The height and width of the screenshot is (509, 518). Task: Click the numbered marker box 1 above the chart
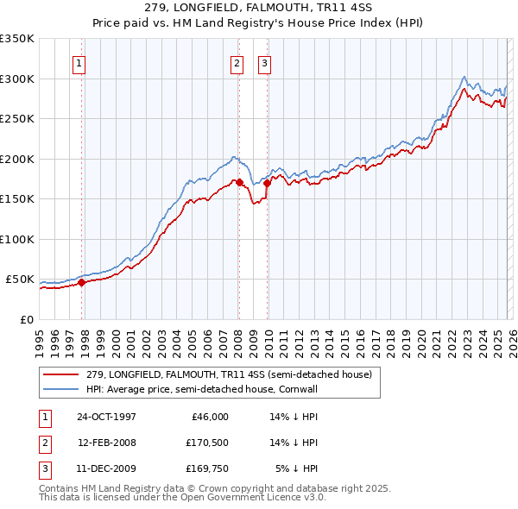coord(79,62)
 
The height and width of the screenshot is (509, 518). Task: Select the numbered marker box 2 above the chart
coord(237,62)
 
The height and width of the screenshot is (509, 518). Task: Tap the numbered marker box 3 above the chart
coord(263,62)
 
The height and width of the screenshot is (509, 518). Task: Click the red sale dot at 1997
coord(82,282)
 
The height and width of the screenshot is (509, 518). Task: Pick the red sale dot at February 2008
coord(239,182)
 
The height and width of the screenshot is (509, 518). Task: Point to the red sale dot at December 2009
coord(267,183)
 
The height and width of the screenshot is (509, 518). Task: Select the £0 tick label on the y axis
coord(27,319)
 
